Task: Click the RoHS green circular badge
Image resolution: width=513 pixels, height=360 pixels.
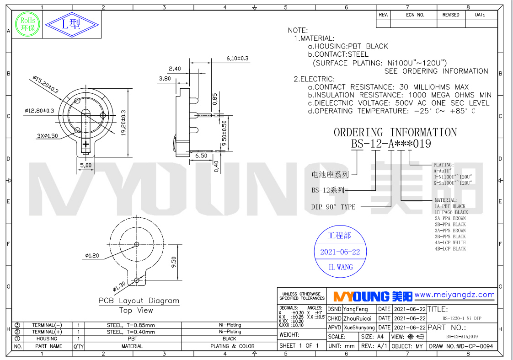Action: pyautogui.click(x=25, y=24)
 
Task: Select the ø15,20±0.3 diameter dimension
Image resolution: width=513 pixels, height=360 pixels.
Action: pyautogui.click(x=46, y=85)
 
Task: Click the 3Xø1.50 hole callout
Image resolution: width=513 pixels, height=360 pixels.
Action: pyautogui.click(x=48, y=136)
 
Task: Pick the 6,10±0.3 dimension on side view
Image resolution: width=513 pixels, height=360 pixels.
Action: pyautogui.click(x=237, y=59)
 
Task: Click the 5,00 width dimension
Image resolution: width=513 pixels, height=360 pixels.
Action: pyautogui.click(x=85, y=165)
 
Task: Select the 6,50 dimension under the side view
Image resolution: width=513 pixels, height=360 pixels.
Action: pyautogui.click(x=202, y=156)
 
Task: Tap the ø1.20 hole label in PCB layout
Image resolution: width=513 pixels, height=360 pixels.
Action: pyautogui.click(x=91, y=256)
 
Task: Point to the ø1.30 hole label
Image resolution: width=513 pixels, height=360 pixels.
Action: pyautogui.click(x=119, y=286)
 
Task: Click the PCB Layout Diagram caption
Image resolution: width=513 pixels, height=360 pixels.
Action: pyautogui.click(x=139, y=301)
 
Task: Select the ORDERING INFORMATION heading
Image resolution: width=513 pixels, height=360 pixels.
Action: pyautogui.click(x=395, y=133)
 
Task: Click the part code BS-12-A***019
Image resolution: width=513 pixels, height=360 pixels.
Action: pyautogui.click(x=390, y=144)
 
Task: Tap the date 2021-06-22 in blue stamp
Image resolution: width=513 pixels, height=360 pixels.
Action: pyautogui.click(x=340, y=252)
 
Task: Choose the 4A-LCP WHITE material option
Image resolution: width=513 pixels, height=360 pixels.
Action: pyautogui.click(x=450, y=242)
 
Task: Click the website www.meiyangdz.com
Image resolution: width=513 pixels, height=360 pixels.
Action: pyautogui.click(x=454, y=295)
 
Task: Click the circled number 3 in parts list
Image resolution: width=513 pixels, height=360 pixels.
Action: pyautogui.click(x=18, y=325)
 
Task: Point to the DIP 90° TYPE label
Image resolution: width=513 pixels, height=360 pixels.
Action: pyautogui.click(x=333, y=207)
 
